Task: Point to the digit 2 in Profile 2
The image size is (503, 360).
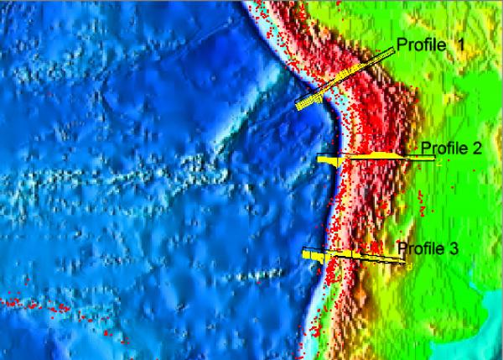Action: (477, 149)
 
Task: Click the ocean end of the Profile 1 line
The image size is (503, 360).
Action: (298, 106)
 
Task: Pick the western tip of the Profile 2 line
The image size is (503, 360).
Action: (318, 159)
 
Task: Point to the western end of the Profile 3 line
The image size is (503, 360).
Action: (303, 251)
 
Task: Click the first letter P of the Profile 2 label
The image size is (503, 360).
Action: (425, 149)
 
